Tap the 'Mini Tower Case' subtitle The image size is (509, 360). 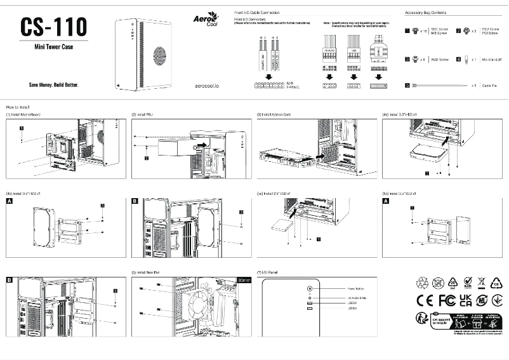[54, 47]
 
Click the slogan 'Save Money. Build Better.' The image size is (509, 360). [54, 84]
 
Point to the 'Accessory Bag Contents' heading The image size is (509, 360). [425, 13]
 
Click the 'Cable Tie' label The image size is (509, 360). [489, 85]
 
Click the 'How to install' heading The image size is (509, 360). [18, 107]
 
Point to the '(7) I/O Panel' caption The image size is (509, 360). [267, 271]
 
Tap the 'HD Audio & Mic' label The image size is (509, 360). [341, 297]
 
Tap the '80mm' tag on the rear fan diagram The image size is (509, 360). [244, 279]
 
